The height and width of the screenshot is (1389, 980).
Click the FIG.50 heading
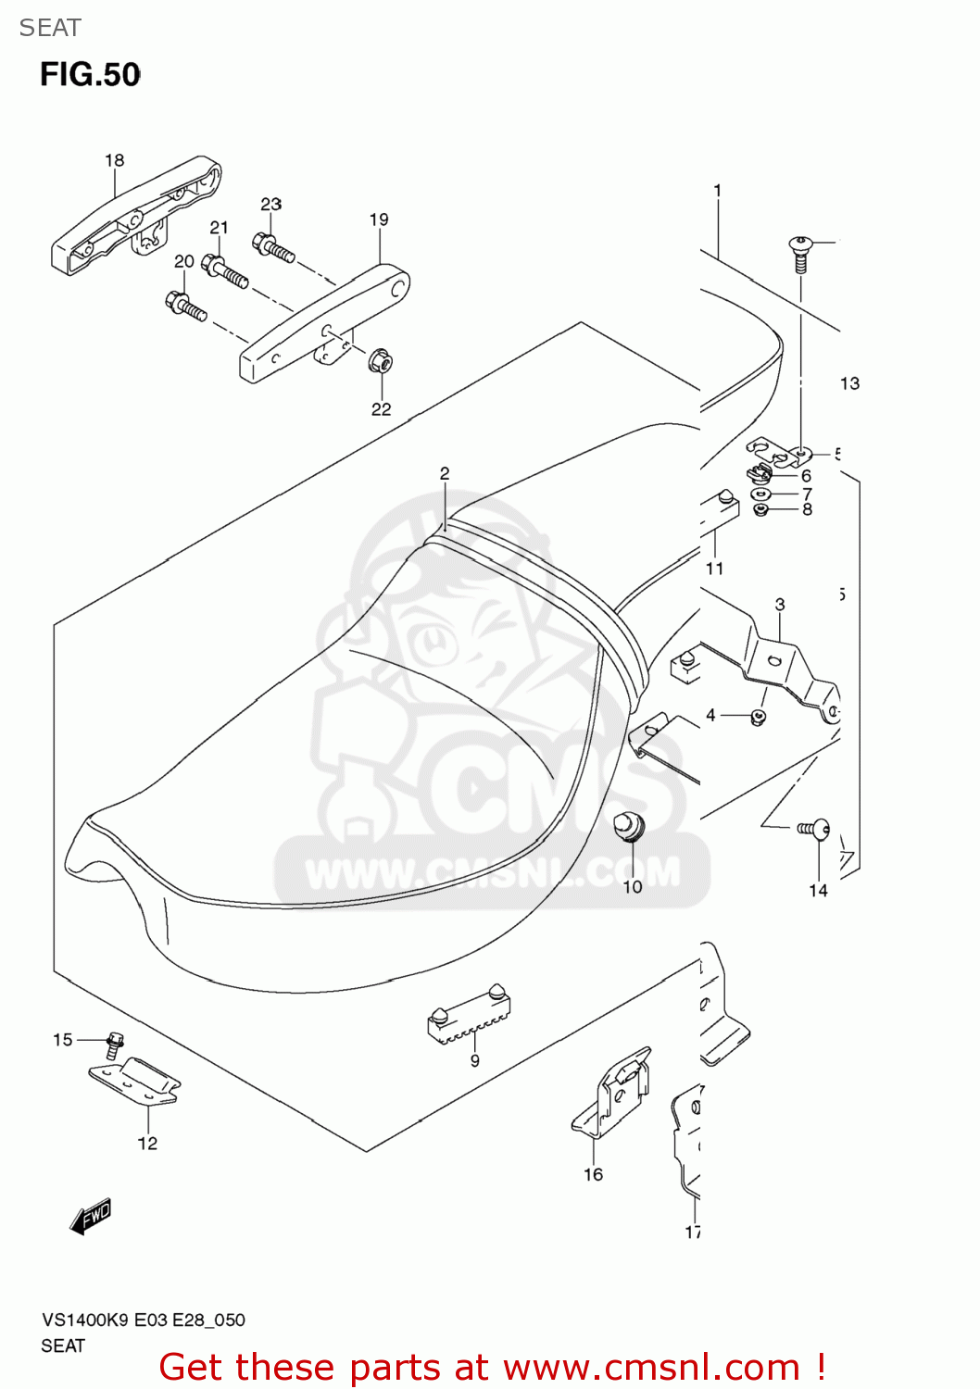(90, 74)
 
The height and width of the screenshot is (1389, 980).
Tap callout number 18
(114, 160)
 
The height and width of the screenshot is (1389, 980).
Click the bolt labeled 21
(224, 272)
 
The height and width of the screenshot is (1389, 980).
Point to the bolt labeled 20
(185, 306)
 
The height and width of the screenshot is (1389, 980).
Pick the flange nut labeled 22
(380, 361)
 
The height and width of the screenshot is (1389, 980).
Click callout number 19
(379, 219)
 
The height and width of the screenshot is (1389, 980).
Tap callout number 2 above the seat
(445, 473)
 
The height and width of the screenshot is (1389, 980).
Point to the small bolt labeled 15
(115, 1044)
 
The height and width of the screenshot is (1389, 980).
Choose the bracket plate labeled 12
(135, 1082)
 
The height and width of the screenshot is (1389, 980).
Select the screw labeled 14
(814, 829)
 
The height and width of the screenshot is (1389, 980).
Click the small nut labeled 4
(758, 718)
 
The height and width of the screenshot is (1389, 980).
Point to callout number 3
(780, 604)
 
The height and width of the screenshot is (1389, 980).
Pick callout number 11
(714, 569)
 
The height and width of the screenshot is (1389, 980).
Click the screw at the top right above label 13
(800, 253)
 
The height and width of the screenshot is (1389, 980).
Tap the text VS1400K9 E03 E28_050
(143, 1320)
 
